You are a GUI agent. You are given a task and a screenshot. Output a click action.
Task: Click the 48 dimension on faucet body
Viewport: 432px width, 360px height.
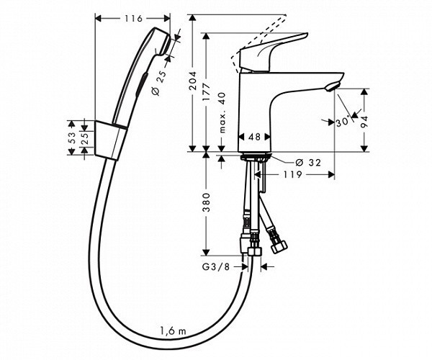[254, 137]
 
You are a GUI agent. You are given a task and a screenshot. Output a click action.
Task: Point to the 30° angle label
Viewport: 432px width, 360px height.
[341, 122]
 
